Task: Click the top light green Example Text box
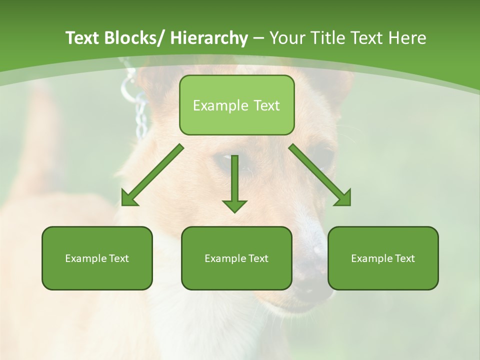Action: click(x=236, y=105)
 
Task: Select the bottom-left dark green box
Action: click(x=97, y=258)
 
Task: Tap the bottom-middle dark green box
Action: click(x=236, y=258)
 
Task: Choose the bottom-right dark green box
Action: click(x=383, y=258)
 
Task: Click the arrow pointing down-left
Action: click(x=152, y=175)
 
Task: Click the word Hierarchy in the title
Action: click(x=209, y=38)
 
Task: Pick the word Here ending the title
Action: click(x=409, y=38)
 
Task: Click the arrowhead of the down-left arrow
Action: click(x=128, y=199)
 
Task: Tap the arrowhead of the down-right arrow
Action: click(x=344, y=199)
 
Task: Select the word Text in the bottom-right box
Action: click(x=405, y=258)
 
